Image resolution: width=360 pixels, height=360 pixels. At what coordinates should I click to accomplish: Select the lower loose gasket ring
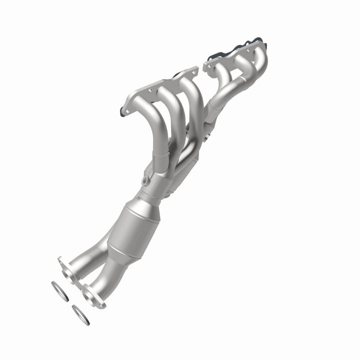click(80, 314)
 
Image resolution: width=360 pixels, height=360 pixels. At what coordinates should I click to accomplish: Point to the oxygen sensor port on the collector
click(146, 178)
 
